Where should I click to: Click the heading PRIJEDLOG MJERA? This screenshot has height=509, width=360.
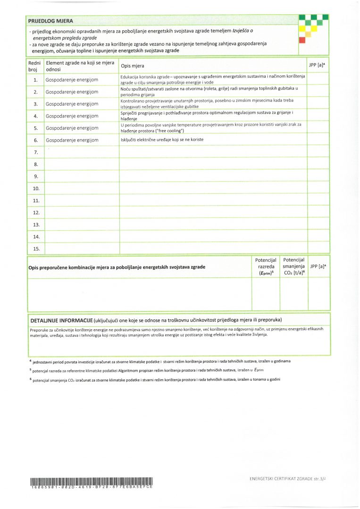(x=50, y=21)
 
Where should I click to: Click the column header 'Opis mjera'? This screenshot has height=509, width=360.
(x=133, y=66)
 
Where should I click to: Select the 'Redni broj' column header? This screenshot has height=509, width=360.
(x=34, y=66)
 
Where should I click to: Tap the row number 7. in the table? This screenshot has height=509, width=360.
(x=35, y=152)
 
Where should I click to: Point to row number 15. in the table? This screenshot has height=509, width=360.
(x=35, y=248)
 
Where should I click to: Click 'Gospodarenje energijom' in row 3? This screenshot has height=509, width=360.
(x=72, y=104)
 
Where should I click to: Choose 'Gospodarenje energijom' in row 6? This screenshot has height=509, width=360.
(x=72, y=140)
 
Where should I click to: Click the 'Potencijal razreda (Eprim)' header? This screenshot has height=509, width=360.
(x=265, y=267)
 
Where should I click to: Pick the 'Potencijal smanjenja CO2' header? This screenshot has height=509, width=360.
(x=293, y=267)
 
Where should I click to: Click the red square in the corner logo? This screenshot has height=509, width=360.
(x=302, y=40)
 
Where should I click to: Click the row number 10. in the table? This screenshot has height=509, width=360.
(x=35, y=189)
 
